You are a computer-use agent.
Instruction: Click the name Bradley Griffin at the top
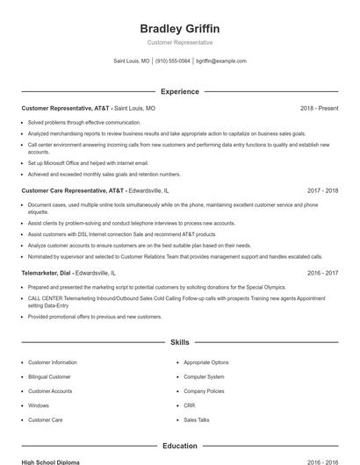point(179,28)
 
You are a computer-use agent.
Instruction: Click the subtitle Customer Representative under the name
point(179,42)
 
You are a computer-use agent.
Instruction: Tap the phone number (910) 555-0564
point(172,61)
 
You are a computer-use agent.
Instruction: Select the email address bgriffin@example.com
point(220,61)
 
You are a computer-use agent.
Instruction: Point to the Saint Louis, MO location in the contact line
point(132,61)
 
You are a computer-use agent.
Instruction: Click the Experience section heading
point(179,91)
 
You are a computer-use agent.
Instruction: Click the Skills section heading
point(179,341)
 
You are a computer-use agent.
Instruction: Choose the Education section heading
point(179,446)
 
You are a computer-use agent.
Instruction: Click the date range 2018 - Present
point(319,108)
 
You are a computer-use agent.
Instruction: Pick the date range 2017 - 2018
point(322,190)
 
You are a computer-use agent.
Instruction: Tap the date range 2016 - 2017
point(322,273)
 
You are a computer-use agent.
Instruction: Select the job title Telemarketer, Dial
point(46,273)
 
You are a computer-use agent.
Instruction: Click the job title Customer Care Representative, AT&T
point(72,190)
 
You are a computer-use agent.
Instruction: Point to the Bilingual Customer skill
point(51,376)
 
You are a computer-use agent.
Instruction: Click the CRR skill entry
point(189,405)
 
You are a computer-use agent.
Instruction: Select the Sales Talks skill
point(197,419)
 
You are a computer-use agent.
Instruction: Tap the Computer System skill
point(204,376)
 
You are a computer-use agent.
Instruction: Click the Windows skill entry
point(39,405)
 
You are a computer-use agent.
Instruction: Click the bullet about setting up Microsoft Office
point(88,162)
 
